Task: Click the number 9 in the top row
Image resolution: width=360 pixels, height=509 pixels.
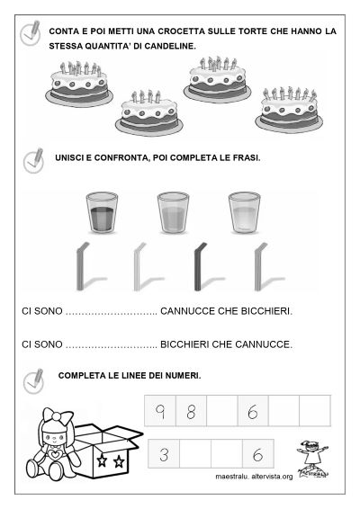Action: tap(158, 413)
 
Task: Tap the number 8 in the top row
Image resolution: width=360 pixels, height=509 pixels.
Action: tap(190, 413)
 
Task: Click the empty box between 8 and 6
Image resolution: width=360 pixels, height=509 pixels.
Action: tap(221, 413)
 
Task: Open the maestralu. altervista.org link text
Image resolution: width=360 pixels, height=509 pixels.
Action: tap(255, 477)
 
